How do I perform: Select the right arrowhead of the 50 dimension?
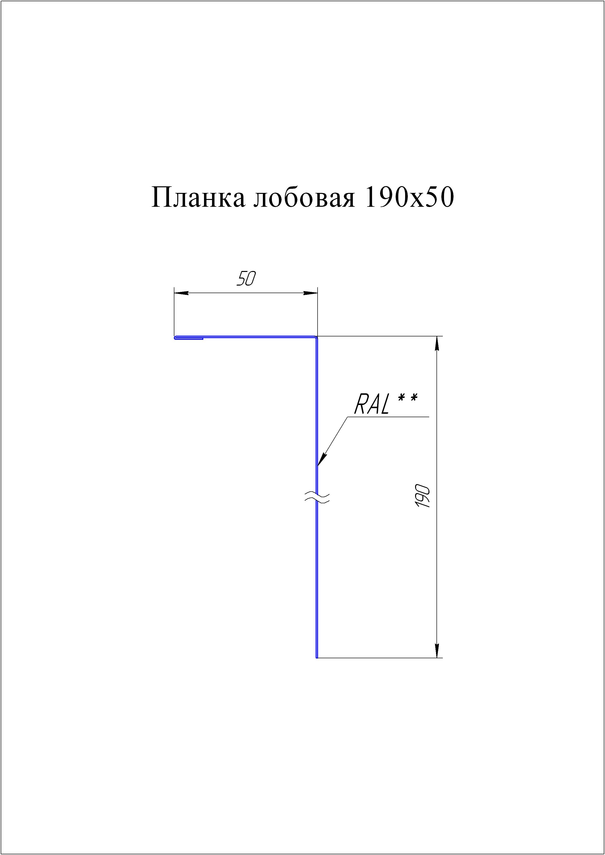(310, 293)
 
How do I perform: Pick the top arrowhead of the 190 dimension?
(437, 343)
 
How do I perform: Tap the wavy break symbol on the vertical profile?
(317, 497)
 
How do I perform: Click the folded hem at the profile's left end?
(188, 338)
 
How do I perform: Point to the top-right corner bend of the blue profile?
(316, 338)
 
